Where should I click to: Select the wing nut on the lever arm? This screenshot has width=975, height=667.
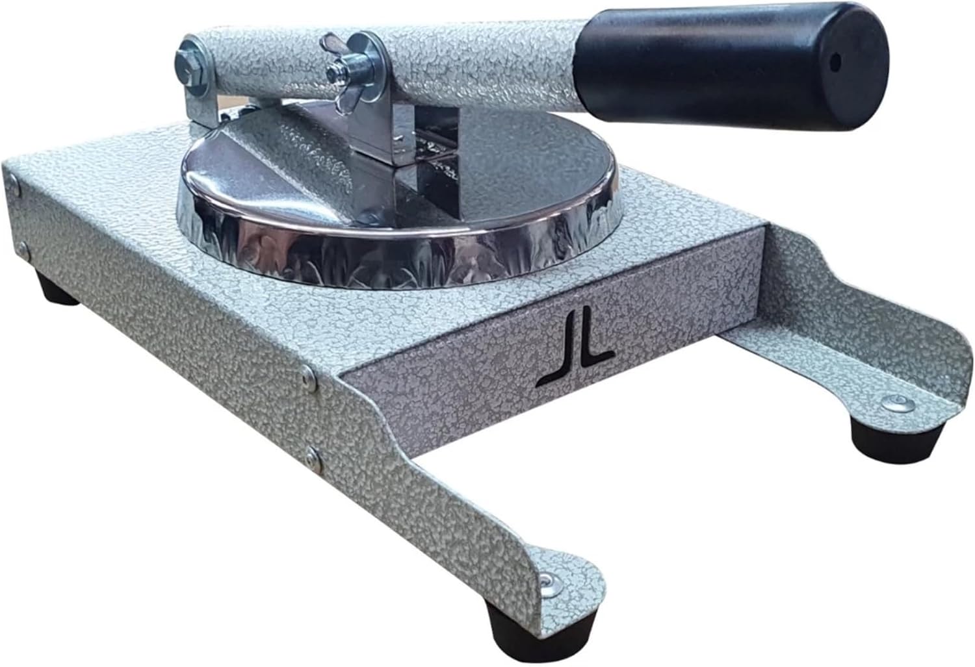click(344, 77)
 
